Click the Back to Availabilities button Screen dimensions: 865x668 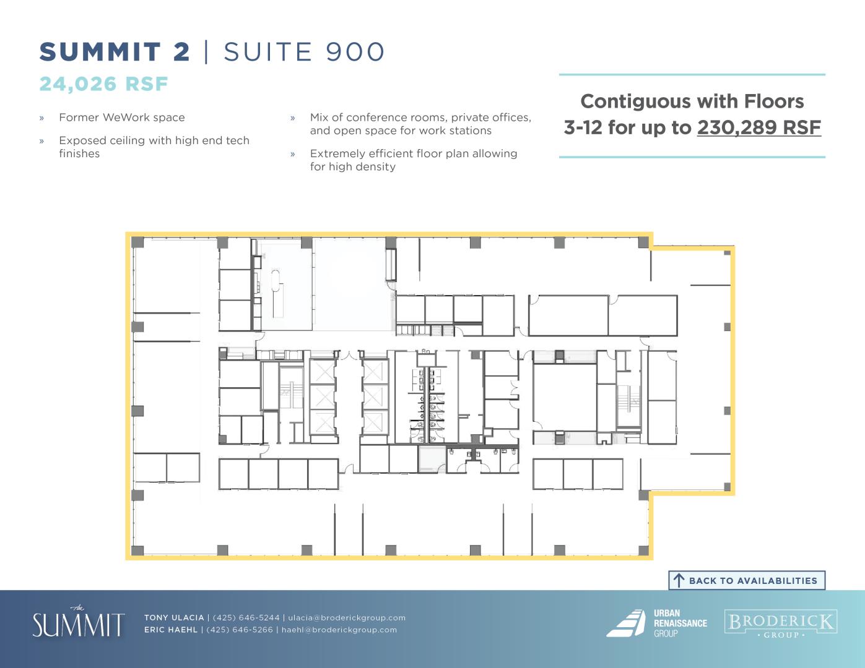(x=746, y=580)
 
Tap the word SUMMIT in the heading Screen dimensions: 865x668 (x=100, y=52)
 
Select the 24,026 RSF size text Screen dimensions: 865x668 (x=103, y=84)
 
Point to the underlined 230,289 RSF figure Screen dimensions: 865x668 (x=759, y=127)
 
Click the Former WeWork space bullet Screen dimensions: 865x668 (x=122, y=118)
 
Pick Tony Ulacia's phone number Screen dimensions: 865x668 (x=246, y=617)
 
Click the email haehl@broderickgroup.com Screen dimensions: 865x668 (x=339, y=630)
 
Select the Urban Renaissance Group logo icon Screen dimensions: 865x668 (x=626, y=623)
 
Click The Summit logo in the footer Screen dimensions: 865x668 (x=79, y=622)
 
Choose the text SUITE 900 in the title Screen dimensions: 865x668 (x=304, y=52)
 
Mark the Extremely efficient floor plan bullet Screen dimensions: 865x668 (x=414, y=160)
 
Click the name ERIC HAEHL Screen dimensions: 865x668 (x=171, y=630)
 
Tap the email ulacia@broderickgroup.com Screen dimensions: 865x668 (x=347, y=617)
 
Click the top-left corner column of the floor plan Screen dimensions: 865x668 (x=137, y=242)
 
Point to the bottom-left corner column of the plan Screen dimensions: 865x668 (x=137, y=550)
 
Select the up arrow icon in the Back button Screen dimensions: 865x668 (x=679, y=581)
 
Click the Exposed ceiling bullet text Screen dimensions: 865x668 (x=154, y=147)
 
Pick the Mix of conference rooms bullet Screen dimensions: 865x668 (x=421, y=124)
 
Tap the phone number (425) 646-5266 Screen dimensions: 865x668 (x=240, y=630)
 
